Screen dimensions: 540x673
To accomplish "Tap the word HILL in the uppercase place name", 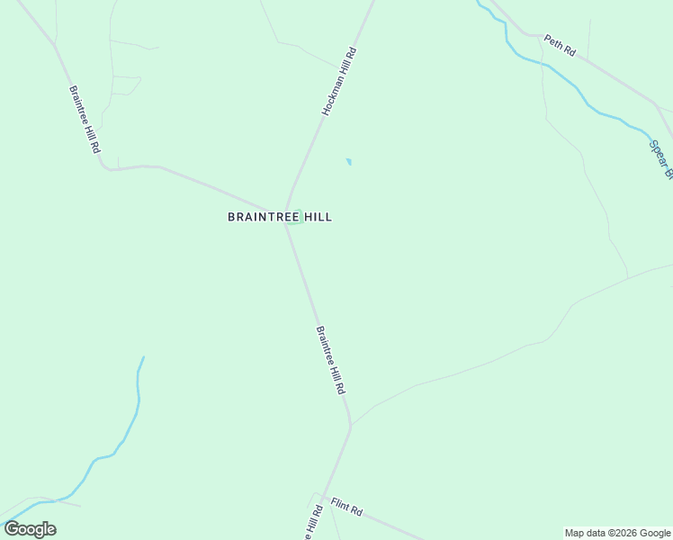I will click(316, 217).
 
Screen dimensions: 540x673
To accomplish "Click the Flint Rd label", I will click(345, 507).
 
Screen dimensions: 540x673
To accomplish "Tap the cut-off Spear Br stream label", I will click(660, 158).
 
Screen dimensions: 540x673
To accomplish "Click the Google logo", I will click(30, 529).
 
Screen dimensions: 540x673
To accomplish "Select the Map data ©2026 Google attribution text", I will click(618, 533).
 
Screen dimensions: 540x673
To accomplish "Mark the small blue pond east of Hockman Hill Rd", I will click(348, 162).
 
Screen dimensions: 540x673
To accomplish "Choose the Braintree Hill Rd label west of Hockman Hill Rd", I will click(83, 120).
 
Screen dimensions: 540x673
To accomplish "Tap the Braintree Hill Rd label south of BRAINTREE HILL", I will click(330, 360).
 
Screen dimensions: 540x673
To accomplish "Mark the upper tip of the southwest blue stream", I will click(142, 358).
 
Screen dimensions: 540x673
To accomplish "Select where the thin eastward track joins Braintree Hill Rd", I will click(351, 423).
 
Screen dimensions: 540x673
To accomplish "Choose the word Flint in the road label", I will click(338, 503).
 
